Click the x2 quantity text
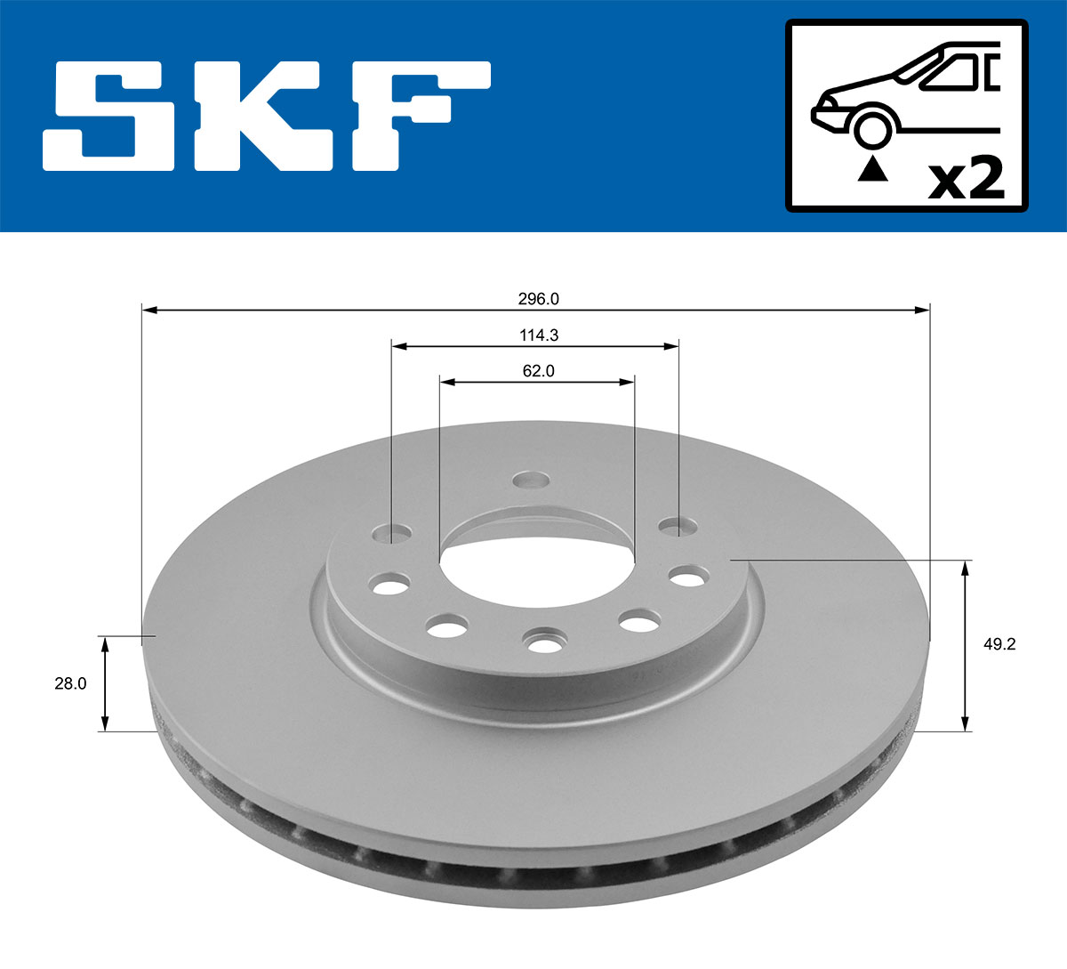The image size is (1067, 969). coord(967,179)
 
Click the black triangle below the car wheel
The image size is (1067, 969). coord(872,168)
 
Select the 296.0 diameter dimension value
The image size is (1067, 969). coord(538,300)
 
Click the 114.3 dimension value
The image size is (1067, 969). coord(538,335)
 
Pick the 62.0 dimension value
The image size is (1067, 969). coord(538,371)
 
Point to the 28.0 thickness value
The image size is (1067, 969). coord(70,684)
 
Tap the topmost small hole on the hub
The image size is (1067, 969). coord(531,480)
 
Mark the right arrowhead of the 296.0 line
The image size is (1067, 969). coord(922,310)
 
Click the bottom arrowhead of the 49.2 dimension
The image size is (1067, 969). coord(966,724)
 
